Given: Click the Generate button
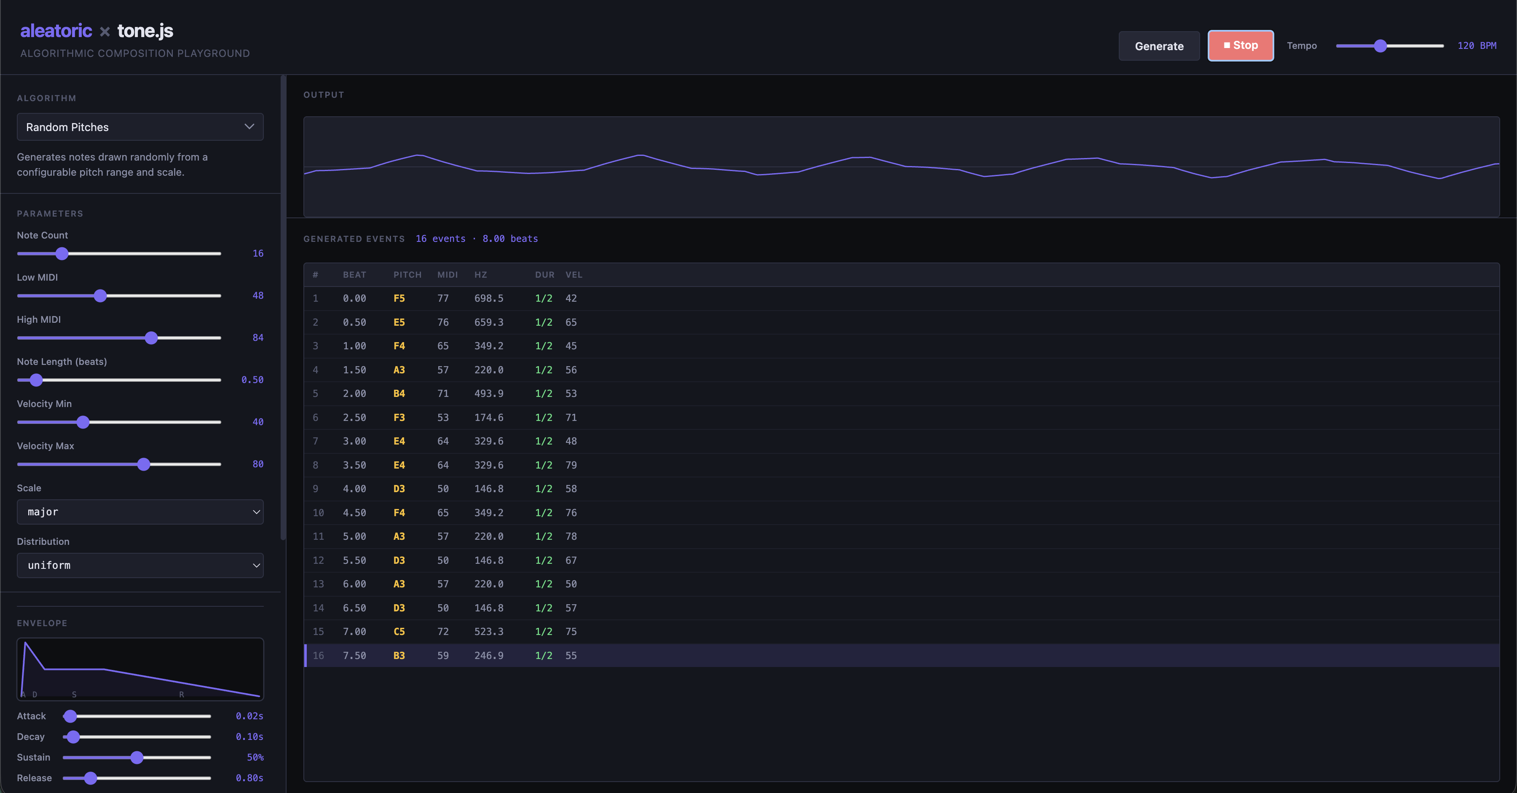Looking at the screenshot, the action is tap(1159, 46).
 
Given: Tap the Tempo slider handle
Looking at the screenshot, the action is tap(1380, 46).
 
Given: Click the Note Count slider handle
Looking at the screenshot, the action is tap(62, 254).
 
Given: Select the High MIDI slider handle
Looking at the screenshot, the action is tap(151, 338).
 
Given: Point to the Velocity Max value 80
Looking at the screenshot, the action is tap(258, 464).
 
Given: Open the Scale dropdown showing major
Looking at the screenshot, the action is tap(140, 512).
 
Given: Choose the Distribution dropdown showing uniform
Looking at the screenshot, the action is tap(140, 565).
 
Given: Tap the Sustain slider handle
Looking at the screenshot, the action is tap(137, 758).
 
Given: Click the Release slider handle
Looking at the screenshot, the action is tap(90, 778).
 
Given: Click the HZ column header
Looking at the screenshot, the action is tap(480, 275).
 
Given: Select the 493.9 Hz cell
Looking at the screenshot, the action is tap(489, 393).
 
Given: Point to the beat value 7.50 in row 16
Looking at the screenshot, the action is tap(354, 656).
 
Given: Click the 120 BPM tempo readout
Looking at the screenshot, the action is tap(1477, 46).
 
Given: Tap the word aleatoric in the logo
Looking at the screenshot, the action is tap(56, 31).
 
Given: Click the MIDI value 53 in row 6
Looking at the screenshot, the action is tap(443, 418).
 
